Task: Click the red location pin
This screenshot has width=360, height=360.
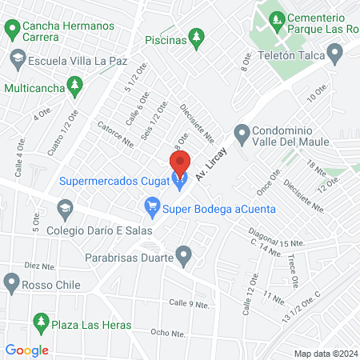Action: pyautogui.click(x=180, y=162)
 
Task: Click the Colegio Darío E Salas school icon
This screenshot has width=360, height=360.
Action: pyautogui.click(x=64, y=210)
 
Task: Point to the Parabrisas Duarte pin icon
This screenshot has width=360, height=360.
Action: pyautogui.click(x=186, y=258)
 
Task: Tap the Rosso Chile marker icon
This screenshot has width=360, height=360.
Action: pyautogui.click(x=11, y=281)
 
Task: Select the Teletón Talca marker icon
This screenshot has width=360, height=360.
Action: pyautogui.click(x=335, y=54)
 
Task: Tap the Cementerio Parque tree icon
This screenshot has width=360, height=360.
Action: pyautogui.click(x=277, y=18)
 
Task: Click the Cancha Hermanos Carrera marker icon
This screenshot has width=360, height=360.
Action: pyautogui.click(x=12, y=30)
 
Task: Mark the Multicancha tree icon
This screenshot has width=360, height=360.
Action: pyautogui.click(x=74, y=84)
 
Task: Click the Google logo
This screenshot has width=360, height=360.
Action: pyautogui.click(x=26, y=350)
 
